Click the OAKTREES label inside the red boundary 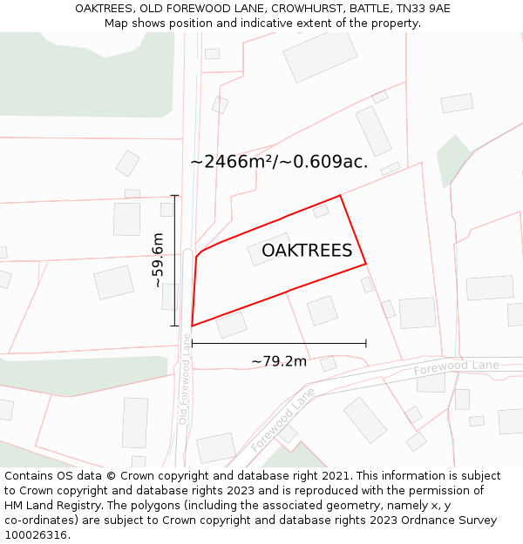point(307,251)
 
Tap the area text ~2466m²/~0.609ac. point(279,162)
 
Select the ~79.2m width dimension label point(279,361)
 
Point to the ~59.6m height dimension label point(158,259)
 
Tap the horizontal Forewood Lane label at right point(457,366)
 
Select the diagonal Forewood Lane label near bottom point(284,418)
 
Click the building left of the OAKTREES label point(268,249)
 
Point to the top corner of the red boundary point(340,195)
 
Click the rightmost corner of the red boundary point(365,263)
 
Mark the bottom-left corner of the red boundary point(192,326)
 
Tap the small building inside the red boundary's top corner point(321,211)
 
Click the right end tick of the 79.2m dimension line point(365,343)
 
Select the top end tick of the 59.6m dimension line point(174,195)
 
